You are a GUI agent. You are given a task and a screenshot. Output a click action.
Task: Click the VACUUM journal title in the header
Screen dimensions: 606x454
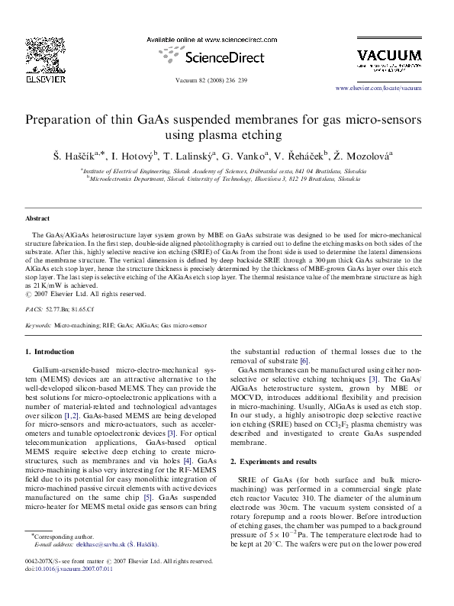coord(389,55)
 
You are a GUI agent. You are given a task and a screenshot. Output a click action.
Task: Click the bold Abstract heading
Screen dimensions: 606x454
coord(37,218)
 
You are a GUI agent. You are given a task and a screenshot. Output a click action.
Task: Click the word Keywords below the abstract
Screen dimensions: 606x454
coord(38,325)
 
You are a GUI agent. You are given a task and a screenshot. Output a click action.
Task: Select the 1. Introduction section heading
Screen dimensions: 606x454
coord(50,352)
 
